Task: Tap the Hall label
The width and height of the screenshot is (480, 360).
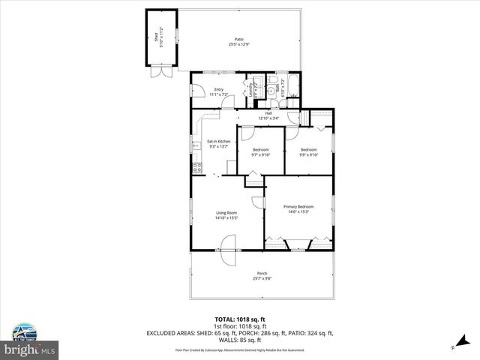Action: [268, 113]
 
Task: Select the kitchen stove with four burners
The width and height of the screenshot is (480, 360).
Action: [196, 166]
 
